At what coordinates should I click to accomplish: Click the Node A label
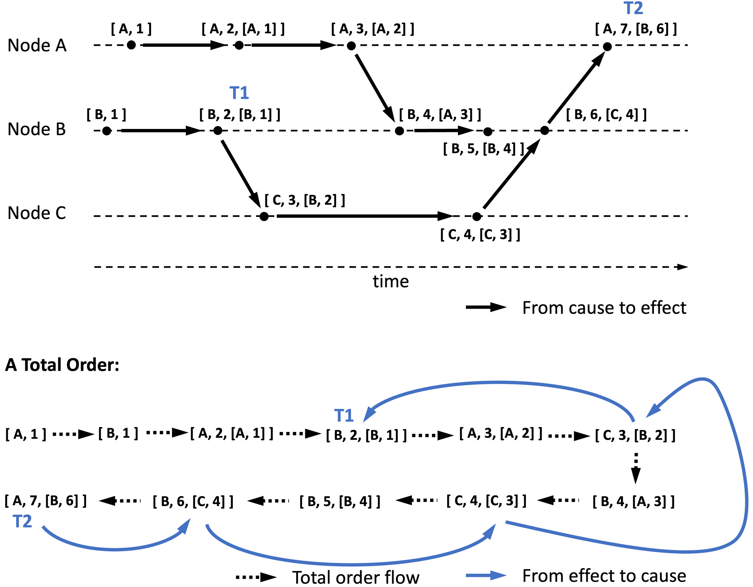click(37, 45)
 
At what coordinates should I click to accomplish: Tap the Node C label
click(37, 213)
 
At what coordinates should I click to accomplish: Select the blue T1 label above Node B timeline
click(239, 93)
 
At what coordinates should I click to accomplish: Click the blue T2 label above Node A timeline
click(633, 8)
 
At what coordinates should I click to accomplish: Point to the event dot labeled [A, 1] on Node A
click(131, 45)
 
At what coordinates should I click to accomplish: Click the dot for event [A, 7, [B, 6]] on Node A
click(607, 46)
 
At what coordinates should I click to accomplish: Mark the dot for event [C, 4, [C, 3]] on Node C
click(477, 216)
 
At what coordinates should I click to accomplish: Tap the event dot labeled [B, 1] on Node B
click(107, 131)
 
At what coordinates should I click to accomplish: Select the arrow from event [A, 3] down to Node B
click(375, 88)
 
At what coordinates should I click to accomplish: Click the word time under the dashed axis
click(391, 282)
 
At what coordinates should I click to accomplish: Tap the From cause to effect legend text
click(604, 308)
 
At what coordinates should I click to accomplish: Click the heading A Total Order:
click(62, 365)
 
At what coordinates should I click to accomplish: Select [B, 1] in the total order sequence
click(118, 434)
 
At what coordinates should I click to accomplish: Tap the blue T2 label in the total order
click(22, 521)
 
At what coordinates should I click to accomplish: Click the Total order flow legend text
click(356, 577)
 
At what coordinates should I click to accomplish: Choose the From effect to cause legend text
click(604, 575)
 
